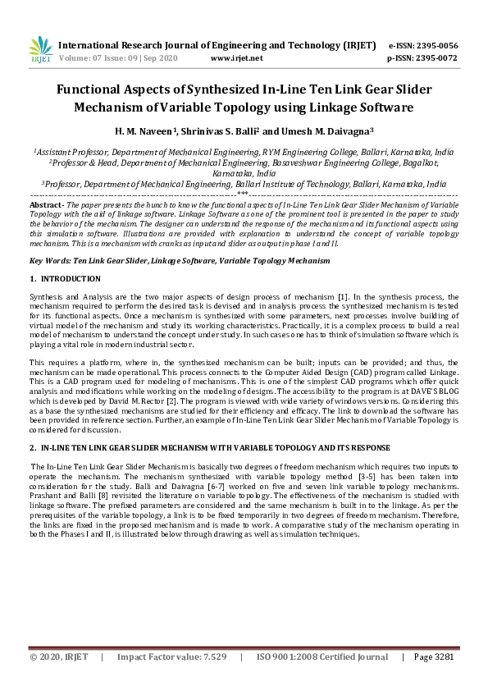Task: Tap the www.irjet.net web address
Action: click(x=236, y=58)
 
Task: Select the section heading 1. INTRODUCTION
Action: click(x=65, y=279)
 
